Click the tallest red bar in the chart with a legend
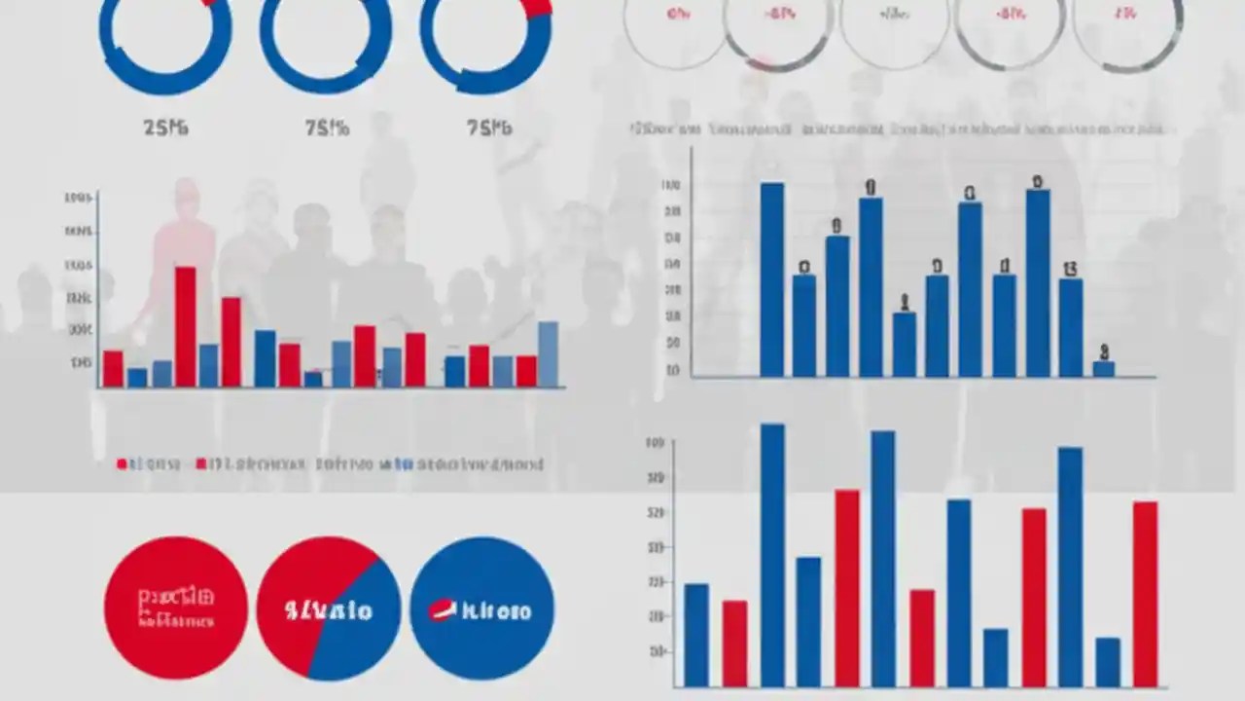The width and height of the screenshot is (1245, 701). (185, 326)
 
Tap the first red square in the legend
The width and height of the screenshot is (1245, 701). (122, 464)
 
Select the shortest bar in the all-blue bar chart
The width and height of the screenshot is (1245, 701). (1103, 368)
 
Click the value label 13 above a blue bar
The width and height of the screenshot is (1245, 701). (1070, 270)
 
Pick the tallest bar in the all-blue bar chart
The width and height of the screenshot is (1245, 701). (771, 279)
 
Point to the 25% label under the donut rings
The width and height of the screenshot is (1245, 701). (165, 128)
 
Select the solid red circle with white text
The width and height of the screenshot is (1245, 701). (176, 608)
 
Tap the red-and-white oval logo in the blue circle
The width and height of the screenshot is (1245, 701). (443, 610)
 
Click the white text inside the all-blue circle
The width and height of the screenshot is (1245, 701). (496, 611)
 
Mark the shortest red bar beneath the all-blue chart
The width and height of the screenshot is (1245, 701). (734, 644)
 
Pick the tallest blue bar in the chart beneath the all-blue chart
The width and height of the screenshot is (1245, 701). (772, 555)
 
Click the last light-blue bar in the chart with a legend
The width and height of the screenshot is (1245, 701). (548, 354)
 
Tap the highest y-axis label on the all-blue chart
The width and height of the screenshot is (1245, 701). (670, 185)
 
